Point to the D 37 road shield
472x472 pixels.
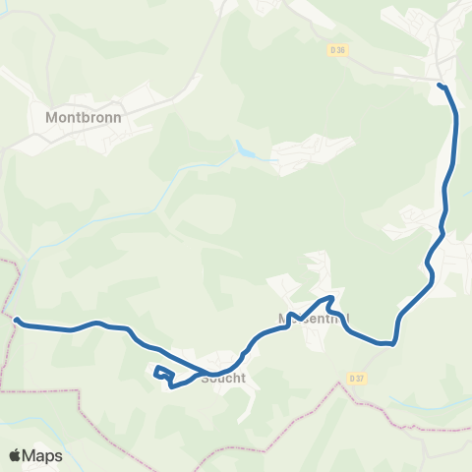pyautogui.click(x=356, y=378)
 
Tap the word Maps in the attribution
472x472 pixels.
pyautogui.click(x=43, y=455)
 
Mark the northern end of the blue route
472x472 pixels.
pyautogui.click(x=441, y=87)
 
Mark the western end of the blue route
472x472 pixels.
pyautogui.click(x=17, y=319)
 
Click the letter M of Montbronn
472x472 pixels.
pyautogui.click(x=52, y=115)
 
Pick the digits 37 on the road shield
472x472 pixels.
pyautogui.click(x=360, y=378)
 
